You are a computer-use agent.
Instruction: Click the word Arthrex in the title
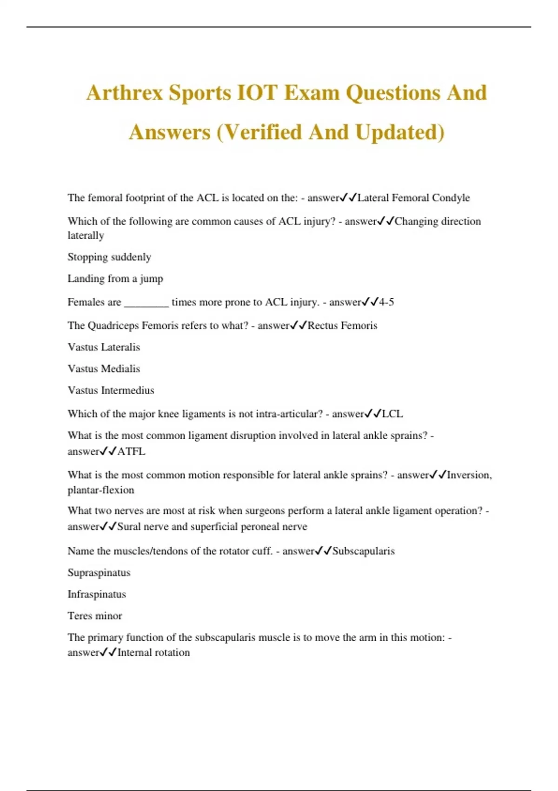coord(124,93)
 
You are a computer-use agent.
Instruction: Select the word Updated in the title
coord(399,132)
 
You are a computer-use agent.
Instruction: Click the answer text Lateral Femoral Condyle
coord(413,198)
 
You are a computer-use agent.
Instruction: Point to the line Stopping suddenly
coord(109,257)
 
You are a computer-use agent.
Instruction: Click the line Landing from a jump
coord(115,278)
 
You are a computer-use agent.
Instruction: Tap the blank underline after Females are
coord(146,303)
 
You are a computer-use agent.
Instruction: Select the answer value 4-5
coord(386,302)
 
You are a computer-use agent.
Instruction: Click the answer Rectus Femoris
coord(342,325)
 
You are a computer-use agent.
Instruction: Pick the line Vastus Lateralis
coord(104,347)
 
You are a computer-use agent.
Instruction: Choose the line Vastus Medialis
coord(104,369)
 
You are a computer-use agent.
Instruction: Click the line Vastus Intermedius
coord(111,390)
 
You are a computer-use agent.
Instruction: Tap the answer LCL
coord(392,414)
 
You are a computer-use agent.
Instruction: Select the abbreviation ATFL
coord(131,451)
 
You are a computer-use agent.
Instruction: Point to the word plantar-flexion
coord(101,490)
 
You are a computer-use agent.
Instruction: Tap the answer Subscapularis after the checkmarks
coord(363,551)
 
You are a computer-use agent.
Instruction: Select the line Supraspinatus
coord(99,572)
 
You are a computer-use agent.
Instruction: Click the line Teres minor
coord(95,616)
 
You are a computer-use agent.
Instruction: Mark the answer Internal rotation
coord(153,652)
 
